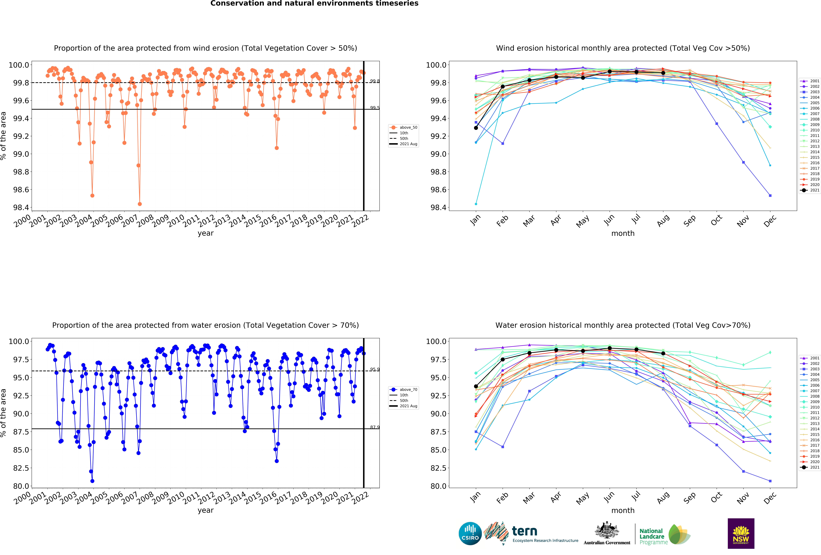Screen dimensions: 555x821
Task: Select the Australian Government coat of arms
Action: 607,530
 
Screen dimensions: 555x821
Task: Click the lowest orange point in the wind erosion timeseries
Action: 140,204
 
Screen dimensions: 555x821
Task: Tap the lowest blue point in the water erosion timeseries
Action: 92,481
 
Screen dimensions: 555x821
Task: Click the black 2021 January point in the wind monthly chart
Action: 476,128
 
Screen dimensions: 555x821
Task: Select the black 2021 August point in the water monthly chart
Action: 663,353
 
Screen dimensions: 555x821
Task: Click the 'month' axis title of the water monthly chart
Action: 623,511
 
